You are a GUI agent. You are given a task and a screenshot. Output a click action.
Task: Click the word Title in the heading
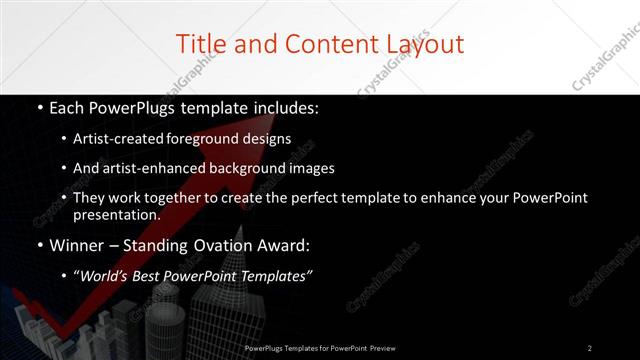199,44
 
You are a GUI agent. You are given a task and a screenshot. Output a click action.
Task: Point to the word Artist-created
119,139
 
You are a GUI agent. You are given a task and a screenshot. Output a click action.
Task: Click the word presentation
115,214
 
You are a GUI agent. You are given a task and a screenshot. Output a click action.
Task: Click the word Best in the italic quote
150,276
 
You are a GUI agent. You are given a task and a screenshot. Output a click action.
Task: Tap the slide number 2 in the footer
589,348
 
